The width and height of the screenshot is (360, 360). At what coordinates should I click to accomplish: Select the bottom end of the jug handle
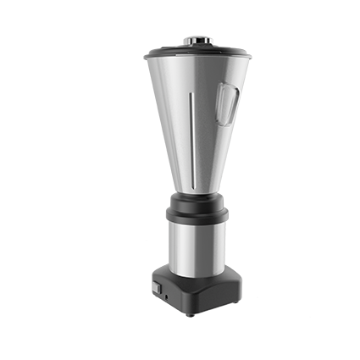point(222,119)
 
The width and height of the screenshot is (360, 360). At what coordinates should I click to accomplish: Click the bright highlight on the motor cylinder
point(181,246)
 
